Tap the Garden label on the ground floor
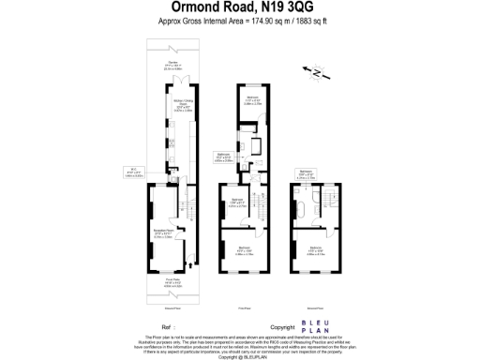(172, 64)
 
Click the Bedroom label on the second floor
(316, 248)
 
